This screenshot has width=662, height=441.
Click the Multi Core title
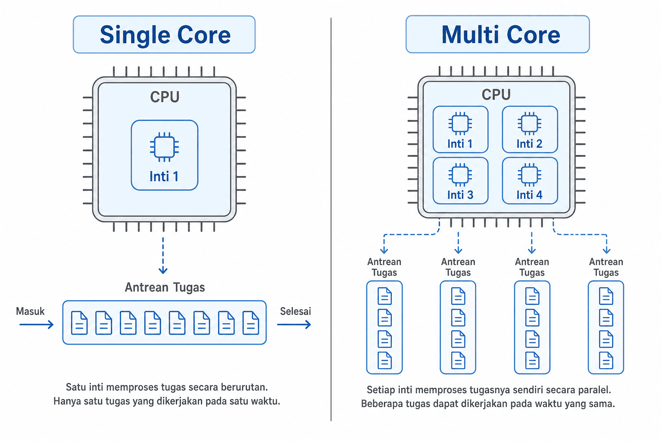pos(501,34)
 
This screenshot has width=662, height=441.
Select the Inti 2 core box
pos(530,129)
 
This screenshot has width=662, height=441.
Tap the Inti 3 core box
pos(460,180)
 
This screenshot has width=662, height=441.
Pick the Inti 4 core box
pos(530,180)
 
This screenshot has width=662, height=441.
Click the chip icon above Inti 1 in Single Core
pos(164,147)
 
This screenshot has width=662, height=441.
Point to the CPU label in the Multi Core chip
pos(496,94)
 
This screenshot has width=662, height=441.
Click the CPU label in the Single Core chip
pos(165,96)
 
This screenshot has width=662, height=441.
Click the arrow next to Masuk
pos(36,325)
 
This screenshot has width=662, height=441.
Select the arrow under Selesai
pos(294,325)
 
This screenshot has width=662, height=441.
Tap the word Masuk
pos(30,311)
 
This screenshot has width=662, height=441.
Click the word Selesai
pos(296,311)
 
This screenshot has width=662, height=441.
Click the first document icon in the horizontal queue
pos(79,323)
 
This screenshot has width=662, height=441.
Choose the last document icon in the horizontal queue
pos(250,323)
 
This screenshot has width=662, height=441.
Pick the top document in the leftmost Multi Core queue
pos(384,296)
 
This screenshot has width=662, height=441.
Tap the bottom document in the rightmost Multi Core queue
pos(606,360)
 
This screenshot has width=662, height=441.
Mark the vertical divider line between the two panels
pos(331,219)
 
